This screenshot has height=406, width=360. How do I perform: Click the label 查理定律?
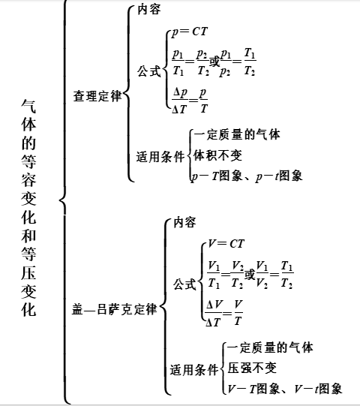click(97, 96)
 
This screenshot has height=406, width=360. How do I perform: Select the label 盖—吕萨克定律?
click(115, 309)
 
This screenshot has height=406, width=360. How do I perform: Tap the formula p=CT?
click(190, 32)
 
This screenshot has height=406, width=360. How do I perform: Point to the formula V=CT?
click(226, 244)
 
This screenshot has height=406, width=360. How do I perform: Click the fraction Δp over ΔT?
click(179, 101)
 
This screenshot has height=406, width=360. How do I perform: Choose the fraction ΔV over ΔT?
click(214, 314)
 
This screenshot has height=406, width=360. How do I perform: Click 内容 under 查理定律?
click(149, 10)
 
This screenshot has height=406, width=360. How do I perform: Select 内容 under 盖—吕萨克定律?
click(184, 222)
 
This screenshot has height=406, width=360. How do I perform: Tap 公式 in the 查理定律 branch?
click(149, 71)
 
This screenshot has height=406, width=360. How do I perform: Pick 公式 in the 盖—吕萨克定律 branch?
click(184, 284)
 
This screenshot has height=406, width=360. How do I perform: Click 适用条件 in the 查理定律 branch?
click(160, 157)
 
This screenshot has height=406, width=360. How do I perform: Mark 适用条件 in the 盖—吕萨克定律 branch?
click(194, 369)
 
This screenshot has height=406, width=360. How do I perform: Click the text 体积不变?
click(217, 155)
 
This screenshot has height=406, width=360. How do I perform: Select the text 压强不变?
click(252, 368)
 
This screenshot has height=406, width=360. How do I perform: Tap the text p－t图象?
click(279, 176)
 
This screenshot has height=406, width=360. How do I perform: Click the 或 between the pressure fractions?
click(214, 62)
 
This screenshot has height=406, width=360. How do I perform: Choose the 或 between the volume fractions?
click(250, 274)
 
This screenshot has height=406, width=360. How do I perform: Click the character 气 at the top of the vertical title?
click(28, 106)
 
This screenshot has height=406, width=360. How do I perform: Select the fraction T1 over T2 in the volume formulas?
click(286, 275)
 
